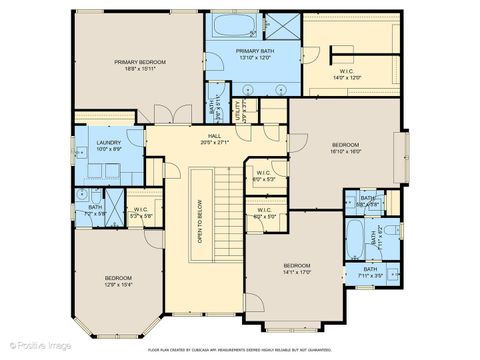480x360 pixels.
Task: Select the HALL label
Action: (x=214, y=138)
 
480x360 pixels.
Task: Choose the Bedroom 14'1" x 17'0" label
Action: (x=298, y=267)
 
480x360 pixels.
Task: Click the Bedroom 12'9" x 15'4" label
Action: (x=118, y=281)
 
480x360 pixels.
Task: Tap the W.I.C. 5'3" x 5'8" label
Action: (x=142, y=212)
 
